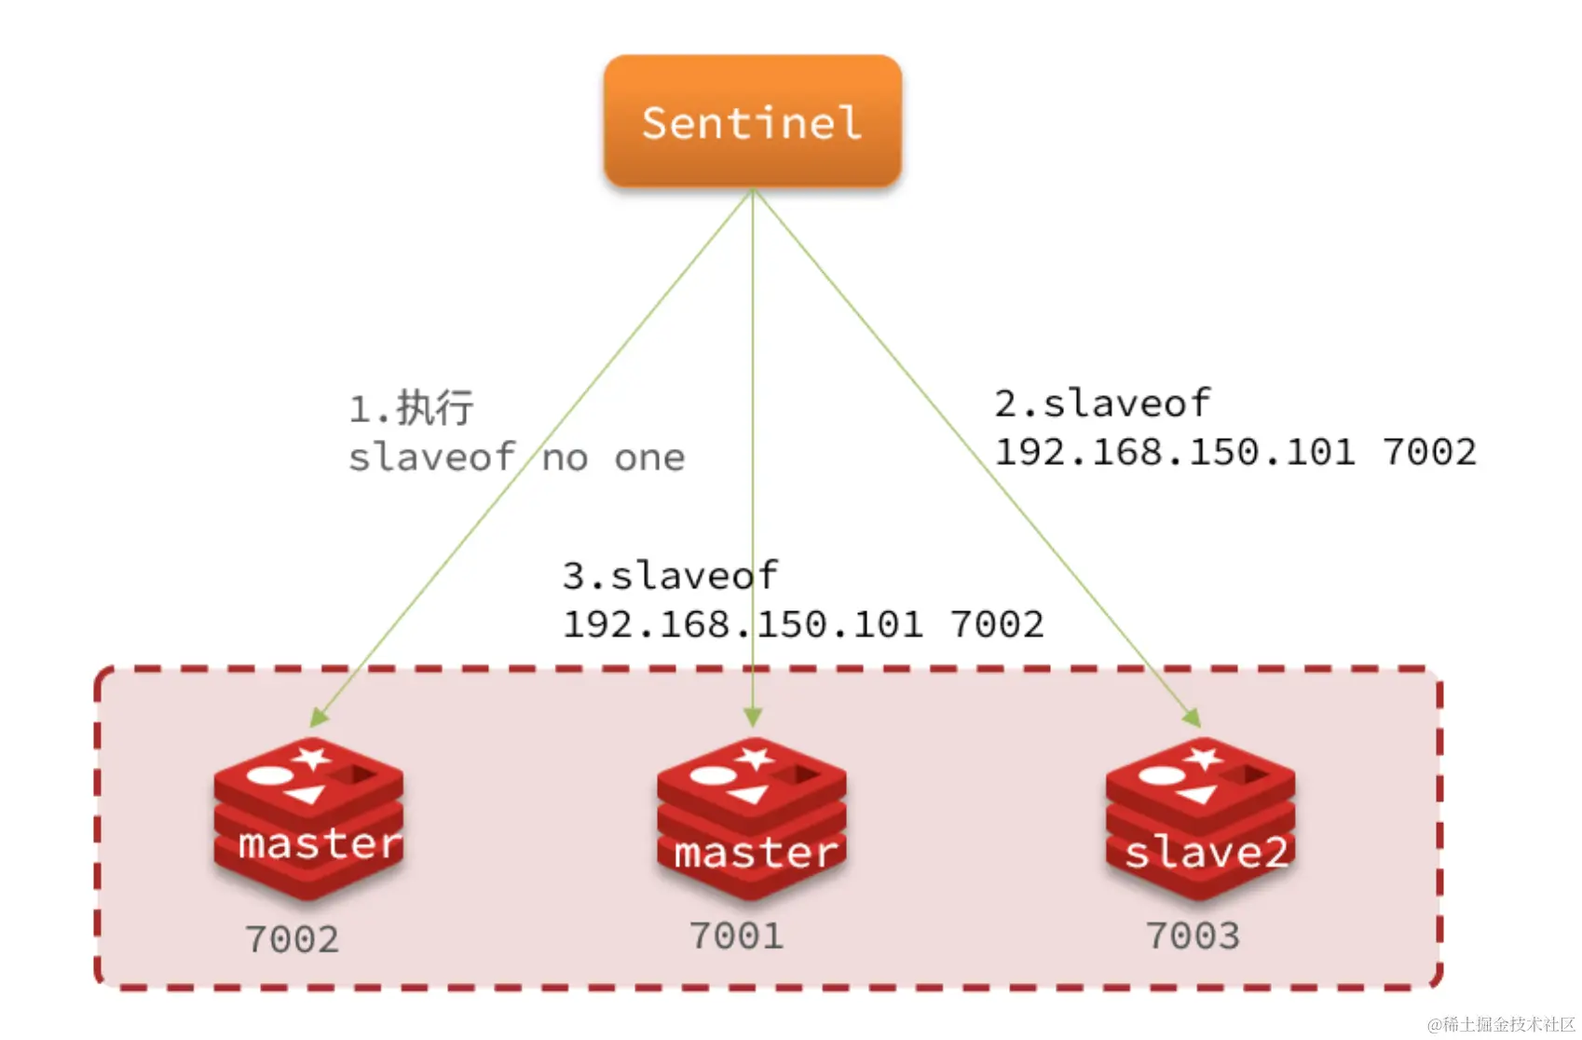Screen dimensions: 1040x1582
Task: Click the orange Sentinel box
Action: coord(752,122)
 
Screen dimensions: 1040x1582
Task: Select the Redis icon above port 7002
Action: coord(308,818)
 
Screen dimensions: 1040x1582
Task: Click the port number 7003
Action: coord(1193,936)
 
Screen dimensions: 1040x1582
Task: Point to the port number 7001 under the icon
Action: coord(736,936)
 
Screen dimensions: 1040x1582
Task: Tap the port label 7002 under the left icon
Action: coord(292,939)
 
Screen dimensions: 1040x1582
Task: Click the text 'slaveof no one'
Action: coord(516,458)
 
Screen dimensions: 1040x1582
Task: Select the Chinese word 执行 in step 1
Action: coord(435,408)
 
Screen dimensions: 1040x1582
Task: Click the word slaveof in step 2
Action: coord(1126,404)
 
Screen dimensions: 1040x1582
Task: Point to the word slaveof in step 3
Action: coord(694,576)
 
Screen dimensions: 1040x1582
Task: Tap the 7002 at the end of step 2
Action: coord(1429,452)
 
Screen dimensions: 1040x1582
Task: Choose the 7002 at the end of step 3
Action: coord(997,624)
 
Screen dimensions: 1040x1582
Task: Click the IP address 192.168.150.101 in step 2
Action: coord(1175,452)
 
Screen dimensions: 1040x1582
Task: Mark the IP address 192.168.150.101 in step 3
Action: coord(743,624)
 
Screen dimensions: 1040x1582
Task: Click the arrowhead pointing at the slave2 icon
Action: coord(1192,718)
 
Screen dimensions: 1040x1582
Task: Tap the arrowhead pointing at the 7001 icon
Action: coord(753,718)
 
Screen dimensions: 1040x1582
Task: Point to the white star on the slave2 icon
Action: coord(1203,757)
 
